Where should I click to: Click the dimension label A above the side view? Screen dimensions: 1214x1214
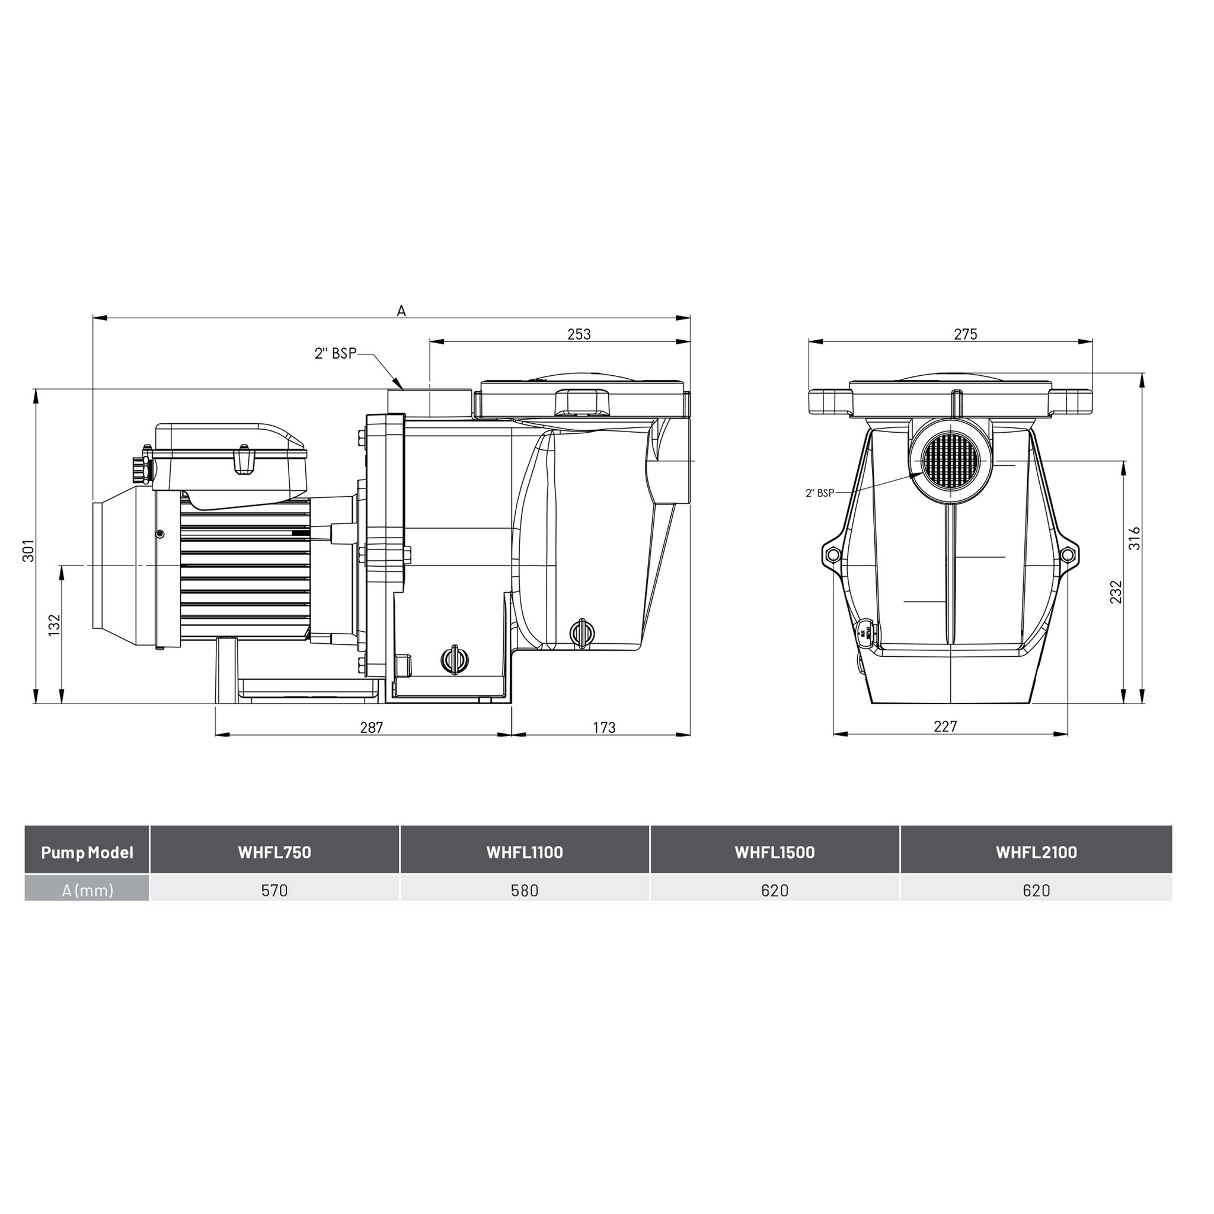coord(401,311)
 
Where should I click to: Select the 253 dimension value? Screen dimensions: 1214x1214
coord(579,334)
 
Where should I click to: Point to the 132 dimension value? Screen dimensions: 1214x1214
coord(54,625)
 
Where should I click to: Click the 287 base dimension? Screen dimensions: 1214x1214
coord(371,728)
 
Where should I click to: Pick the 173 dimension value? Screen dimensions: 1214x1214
coord(604,728)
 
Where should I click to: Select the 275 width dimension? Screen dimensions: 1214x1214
coord(966,334)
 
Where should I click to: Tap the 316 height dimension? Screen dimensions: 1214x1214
coord(1134,538)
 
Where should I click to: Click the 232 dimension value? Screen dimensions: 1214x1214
coord(1116,593)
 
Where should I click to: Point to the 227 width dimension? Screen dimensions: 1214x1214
coord(945,726)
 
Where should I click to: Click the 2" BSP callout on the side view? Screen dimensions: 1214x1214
coord(335,354)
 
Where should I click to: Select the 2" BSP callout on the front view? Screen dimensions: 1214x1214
coord(819,493)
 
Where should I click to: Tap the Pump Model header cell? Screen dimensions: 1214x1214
coord(87,852)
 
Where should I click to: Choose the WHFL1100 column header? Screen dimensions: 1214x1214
coord(525,852)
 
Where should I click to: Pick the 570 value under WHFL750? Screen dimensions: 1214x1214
coord(274,890)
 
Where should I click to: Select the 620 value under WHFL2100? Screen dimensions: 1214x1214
coord(1036,890)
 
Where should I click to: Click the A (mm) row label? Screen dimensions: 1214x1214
coord(87,890)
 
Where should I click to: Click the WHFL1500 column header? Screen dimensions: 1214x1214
coord(775,852)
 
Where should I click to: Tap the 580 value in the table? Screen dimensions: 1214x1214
coord(525,890)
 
